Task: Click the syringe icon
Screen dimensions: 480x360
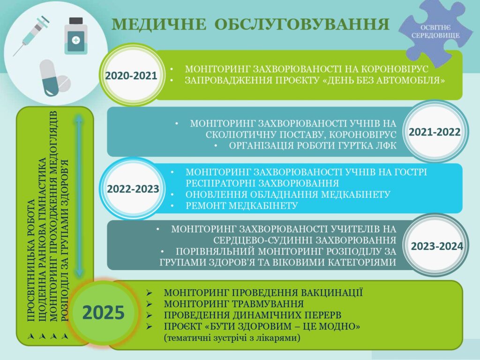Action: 31,36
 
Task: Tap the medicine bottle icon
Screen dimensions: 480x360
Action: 76,36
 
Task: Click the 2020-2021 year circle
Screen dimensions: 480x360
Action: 131,75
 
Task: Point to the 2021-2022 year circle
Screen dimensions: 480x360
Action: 435,132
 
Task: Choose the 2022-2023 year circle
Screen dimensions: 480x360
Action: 133,188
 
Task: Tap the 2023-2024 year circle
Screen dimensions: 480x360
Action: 436,246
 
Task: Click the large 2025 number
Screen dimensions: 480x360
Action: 104,313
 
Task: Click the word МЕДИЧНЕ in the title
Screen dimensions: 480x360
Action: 159,24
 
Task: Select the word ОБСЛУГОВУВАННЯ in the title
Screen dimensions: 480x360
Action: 302,24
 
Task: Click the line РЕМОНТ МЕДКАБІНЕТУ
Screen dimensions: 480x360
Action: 241,206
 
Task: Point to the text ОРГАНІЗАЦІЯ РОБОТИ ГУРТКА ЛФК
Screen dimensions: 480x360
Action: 313,146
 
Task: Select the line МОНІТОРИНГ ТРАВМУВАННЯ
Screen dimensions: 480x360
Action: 233,304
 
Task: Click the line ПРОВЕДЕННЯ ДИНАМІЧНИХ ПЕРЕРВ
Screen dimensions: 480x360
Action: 253,315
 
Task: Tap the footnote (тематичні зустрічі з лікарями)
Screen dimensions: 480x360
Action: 232,338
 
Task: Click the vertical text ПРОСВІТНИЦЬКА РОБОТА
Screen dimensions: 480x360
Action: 31,261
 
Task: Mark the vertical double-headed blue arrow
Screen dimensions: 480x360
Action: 79,196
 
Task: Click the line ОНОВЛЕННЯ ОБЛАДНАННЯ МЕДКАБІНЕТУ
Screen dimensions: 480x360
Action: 288,195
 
